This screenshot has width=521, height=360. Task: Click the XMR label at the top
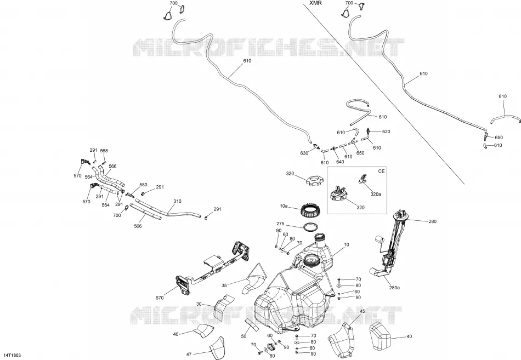click(315, 3)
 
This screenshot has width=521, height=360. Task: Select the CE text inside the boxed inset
click(381, 172)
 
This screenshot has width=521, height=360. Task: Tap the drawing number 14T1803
click(13, 356)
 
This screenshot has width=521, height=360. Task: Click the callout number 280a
click(394, 288)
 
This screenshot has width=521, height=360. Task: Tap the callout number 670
click(160, 298)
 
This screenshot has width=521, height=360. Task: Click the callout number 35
click(224, 285)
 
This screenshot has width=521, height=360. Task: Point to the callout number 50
click(244, 336)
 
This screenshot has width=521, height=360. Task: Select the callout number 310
click(178, 201)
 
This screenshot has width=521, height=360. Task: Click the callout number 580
click(143, 185)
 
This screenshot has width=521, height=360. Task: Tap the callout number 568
click(104, 151)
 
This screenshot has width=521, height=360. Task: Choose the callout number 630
click(304, 153)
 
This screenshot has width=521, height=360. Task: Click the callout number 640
click(340, 162)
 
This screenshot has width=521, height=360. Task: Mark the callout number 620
click(386, 132)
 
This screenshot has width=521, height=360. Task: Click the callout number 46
click(176, 334)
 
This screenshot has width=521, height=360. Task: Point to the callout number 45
click(362, 311)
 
